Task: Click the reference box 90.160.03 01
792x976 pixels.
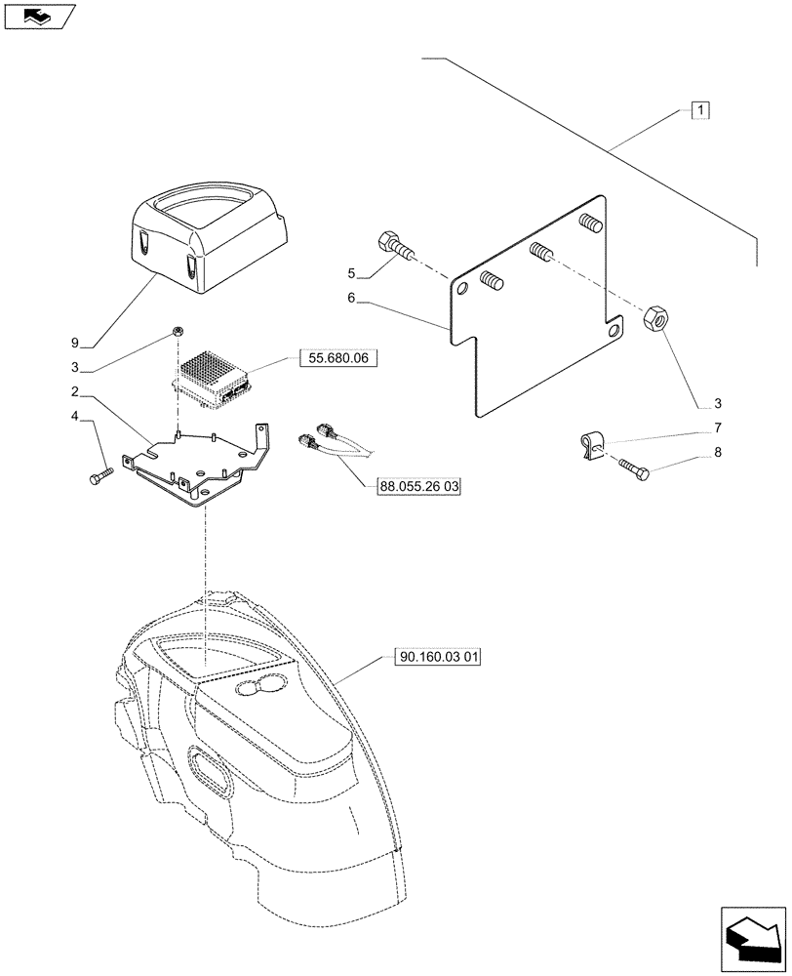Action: pos(439,657)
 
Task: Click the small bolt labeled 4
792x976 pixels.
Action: pos(100,475)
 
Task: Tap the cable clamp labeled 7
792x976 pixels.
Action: pos(588,445)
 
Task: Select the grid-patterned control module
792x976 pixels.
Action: pos(212,375)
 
